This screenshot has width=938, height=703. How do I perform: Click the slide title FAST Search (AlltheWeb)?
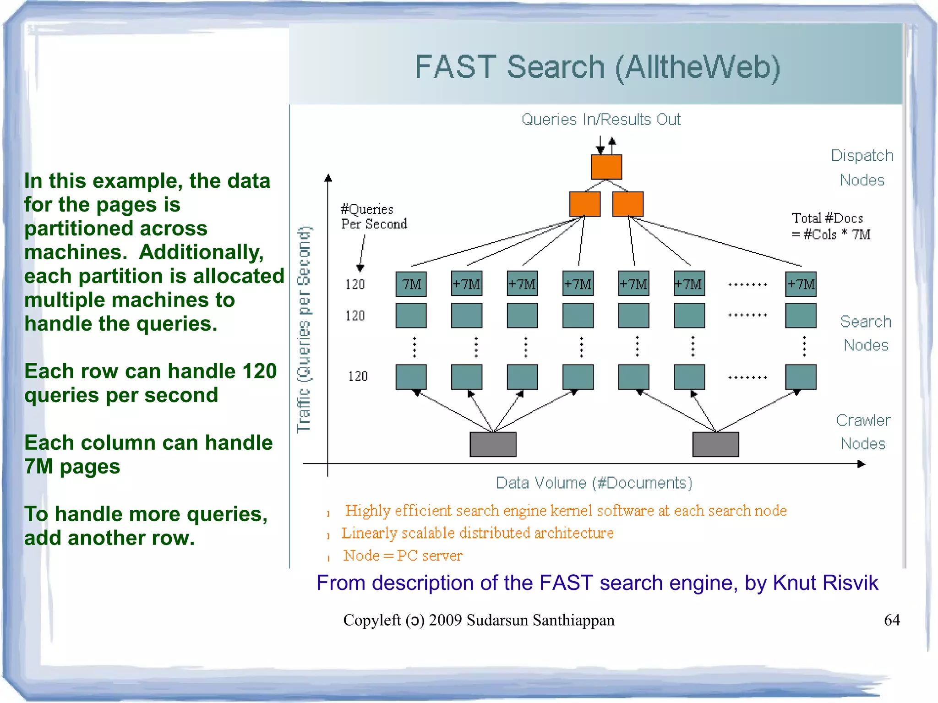click(597, 67)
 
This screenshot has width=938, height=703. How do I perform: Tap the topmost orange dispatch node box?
click(606, 167)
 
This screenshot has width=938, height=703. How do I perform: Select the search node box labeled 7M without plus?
click(411, 284)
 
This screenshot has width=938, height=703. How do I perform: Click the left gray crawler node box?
click(493, 444)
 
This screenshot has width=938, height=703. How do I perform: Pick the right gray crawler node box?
click(715, 444)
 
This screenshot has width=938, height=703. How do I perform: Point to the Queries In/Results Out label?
click(601, 120)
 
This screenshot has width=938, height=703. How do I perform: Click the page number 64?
click(891, 620)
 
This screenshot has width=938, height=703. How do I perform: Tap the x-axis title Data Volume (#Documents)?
click(594, 483)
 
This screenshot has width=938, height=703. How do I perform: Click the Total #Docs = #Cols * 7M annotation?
click(830, 226)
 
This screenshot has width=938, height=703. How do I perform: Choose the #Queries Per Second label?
click(373, 217)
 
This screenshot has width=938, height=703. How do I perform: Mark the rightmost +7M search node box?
click(801, 284)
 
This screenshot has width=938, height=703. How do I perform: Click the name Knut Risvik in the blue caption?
click(825, 583)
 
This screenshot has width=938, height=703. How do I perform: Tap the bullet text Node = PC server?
click(403, 556)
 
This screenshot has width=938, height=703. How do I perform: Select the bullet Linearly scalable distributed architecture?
click(477, 533)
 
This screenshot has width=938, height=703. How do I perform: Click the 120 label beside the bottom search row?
click(358, 376)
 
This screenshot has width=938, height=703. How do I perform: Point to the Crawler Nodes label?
click(863, 432)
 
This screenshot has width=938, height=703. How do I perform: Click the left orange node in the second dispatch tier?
click(584, 204)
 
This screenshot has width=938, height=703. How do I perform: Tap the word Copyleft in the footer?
click(372, 620)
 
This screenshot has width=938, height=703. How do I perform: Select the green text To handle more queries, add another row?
click(146, 526)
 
